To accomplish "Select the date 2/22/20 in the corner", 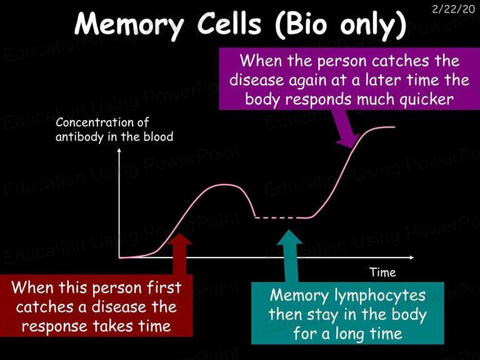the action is pyautogui.click(x=454, y=9).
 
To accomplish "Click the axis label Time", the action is pyautogui.click(x=382, y=272).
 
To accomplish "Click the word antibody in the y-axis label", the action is pyautogui.click(x=79, y=136).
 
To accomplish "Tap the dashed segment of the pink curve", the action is pyautogui.click(x=279, y=217).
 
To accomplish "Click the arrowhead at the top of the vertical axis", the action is pyautogui.click(x=119, y=150).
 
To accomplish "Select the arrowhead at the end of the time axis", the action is pyautogui.click(x=411, y=257).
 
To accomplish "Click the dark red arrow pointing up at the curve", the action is pyautogui.click(x=180, y=254).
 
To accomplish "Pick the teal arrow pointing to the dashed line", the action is pyautogui.click(x=289, y=256).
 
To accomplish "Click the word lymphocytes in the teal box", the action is pyautogui.click(x=379, y=296).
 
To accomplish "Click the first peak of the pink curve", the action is pyautogui.click(x=224, y=184).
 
